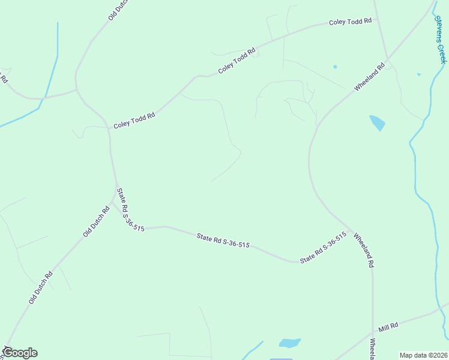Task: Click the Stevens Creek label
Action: click(x=440, y=38)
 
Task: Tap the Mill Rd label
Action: click(x=388, y=327)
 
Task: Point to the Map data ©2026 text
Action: click(x=423, y=355)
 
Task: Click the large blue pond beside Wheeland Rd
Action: click(x=377, y=122)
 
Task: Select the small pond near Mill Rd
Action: click(x=289, y=343)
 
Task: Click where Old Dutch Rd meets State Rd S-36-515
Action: click(x=116, y=188)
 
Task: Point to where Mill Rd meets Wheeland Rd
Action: click(x=372, y=332)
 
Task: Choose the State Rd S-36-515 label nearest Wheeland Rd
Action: click(x=324, y=248)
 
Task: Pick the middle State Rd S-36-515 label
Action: click(x=223, y=241)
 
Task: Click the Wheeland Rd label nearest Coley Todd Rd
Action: click(x=369, y=78)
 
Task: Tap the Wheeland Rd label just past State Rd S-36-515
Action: click(x=364, y=250)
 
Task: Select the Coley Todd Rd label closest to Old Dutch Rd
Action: click(x=134, y=120)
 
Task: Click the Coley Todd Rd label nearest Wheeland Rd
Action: click(x=351, y=22)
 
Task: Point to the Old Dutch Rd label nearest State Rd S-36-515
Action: click(x=96, y=221)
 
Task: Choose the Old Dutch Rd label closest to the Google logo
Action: click(x=41, y=287)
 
